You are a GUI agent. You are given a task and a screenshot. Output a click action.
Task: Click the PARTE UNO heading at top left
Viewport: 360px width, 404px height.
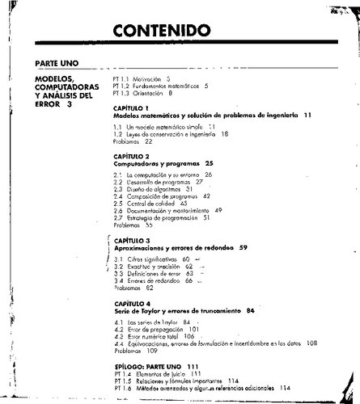(x=49, y=62)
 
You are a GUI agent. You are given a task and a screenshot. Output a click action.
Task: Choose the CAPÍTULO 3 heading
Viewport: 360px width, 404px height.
(x=133, y=241)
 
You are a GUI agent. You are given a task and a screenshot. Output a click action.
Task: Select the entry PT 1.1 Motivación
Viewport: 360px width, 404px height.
(x=142, y=78)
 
